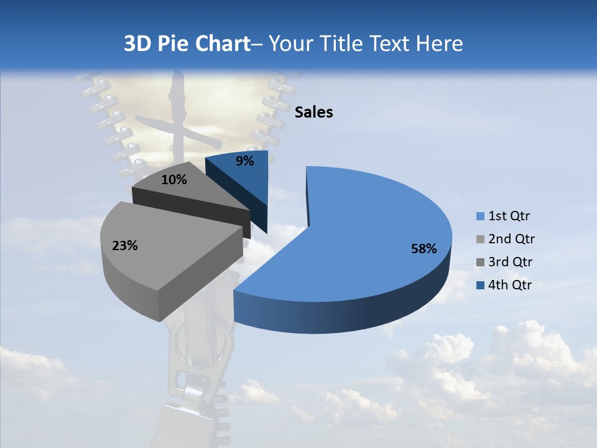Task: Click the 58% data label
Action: [x=423, y=249]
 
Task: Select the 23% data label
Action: [x=124, y=246]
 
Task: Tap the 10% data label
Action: [x=174, y=180]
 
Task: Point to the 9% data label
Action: [x=245, y=161]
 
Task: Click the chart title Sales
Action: [x=313, y=113]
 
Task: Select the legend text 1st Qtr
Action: [x=509, y=217]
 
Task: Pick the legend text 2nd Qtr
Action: [x=511, y=239]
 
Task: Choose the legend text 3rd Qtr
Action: [x=511, y=262]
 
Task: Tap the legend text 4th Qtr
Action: [x=511, y=285]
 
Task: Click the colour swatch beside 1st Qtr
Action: [x=480, y=217]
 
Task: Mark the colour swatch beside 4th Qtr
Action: [x=480, y=285]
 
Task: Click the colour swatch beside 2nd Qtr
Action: [x=480, y=240]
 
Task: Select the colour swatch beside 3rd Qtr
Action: [x=480, y=262]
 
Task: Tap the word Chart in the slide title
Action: [x=222, y=44]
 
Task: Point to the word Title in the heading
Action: [x=343, y=44]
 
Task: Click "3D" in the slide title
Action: [x=138, y=44]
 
